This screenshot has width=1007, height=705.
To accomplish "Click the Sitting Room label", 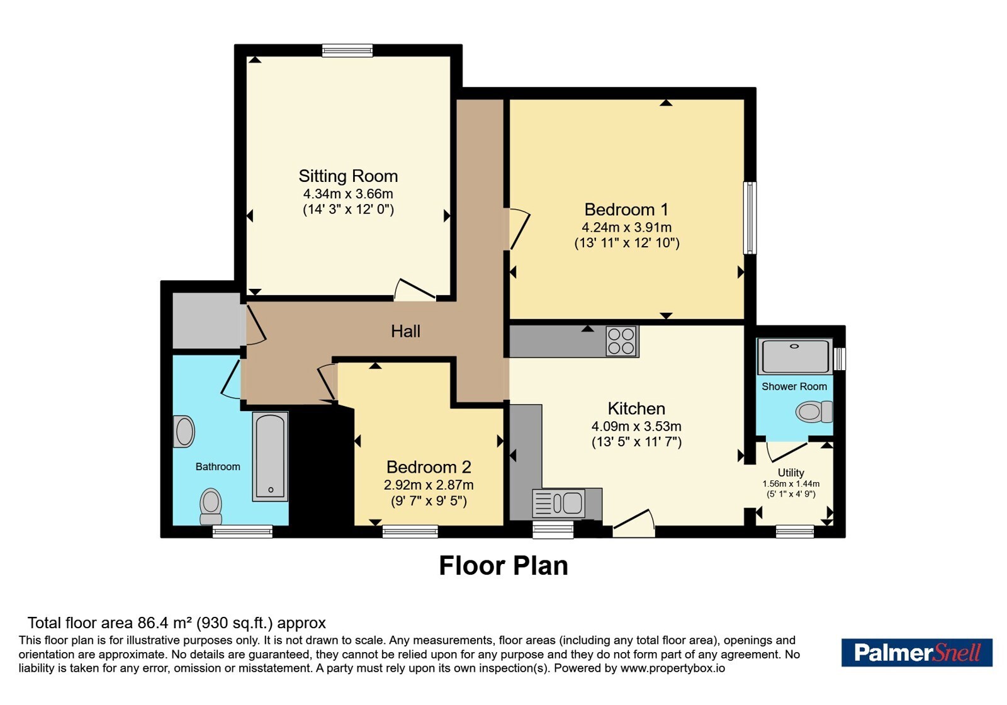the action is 349,176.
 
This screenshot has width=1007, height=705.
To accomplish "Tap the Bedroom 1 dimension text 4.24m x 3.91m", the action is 627,227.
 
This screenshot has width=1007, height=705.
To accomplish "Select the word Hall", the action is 405,331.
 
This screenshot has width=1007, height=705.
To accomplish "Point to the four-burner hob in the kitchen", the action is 622,341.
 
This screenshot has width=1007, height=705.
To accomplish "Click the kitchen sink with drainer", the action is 559,503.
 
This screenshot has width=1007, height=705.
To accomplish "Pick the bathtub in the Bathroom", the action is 270,456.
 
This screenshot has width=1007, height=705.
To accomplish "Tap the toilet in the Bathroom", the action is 211,507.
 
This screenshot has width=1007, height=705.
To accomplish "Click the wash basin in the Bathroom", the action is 184,432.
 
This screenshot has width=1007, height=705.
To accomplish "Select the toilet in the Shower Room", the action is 814,412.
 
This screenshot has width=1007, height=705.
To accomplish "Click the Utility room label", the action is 790,473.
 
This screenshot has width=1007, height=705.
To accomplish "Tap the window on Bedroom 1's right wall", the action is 750,218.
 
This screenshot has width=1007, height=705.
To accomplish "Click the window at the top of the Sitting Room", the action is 347,50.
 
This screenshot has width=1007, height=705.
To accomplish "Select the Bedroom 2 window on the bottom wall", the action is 410,532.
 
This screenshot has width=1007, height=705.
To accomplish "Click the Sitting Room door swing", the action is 415,290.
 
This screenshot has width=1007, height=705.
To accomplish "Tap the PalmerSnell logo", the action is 916,652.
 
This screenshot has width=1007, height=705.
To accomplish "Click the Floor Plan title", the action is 503,566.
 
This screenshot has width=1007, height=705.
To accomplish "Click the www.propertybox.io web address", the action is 673,668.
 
